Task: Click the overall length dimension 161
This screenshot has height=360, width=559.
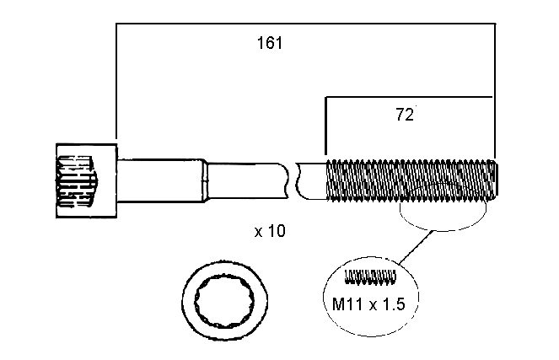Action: tap(270, 43)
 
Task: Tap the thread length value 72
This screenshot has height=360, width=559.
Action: tap(405, 115)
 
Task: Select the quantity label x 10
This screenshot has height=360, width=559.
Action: tap(270, 231)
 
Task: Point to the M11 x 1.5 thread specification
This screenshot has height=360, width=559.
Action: tap(368, 304)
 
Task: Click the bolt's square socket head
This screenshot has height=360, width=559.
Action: tap(87, 180)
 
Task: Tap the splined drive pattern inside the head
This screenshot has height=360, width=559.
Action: tap(76, 181)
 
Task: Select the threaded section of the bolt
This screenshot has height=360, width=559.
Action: tap(411, 180)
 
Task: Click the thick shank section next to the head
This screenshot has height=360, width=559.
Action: tap(160, 180)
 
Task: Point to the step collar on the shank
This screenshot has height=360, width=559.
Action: tap(206, 180)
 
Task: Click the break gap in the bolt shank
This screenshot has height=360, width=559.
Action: tap(292, 180)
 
